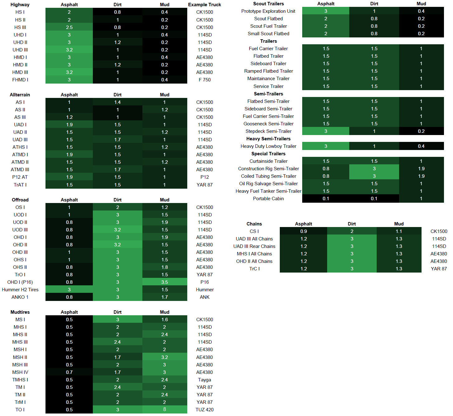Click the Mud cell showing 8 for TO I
pos(165,409)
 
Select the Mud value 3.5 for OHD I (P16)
pos(165,282)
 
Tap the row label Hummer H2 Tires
pos(20,289)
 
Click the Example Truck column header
pos(204,5)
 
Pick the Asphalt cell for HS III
pos(69,27)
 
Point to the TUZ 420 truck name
pos(204,409)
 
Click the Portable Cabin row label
pos(268,198)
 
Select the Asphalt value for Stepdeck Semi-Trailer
pos(326,131)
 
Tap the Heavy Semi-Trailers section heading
pos(268,138)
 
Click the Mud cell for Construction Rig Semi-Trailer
pos(421,168)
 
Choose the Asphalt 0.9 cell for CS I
pos(303,231)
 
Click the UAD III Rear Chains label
pos(254,246)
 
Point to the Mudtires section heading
pos(20,312)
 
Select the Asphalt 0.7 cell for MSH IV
pos(69,372)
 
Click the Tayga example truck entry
pos(204,380)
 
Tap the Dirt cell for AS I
pos(117,102)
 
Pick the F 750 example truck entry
pos(204,80)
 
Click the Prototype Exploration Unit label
pos(268,11)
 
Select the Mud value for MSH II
pos(165,357)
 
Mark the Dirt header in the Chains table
pos(352,224)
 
